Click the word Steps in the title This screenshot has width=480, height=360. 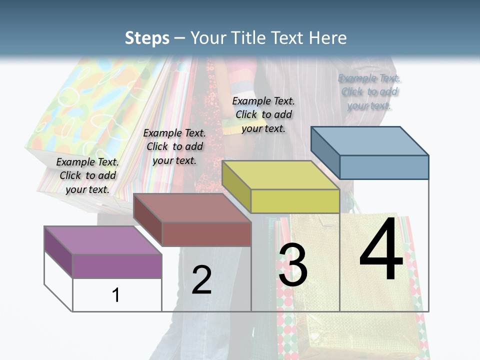(x=147, y=38)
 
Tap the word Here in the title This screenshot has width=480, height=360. (x=328, y=38)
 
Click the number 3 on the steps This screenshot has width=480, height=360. (x=293, y=265)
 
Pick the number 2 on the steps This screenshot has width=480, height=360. (x=201, y=279)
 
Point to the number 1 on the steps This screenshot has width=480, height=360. (x=116, y=295)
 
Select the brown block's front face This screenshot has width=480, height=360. (x=206, y=234)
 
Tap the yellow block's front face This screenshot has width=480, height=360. (x=295, y=201)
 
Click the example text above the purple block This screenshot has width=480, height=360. (x=88, y=175)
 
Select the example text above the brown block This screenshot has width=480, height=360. (x=174, y=146)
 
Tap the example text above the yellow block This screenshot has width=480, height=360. (x=263, y=114)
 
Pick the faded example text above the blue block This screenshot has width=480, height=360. (x=369, y=91)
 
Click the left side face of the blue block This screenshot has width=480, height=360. (x=325, y=153)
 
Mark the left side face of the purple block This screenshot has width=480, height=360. (x=58, y=252)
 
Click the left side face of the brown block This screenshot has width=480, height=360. (x=148, y=219)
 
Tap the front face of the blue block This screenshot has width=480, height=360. (x=384, y=167)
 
